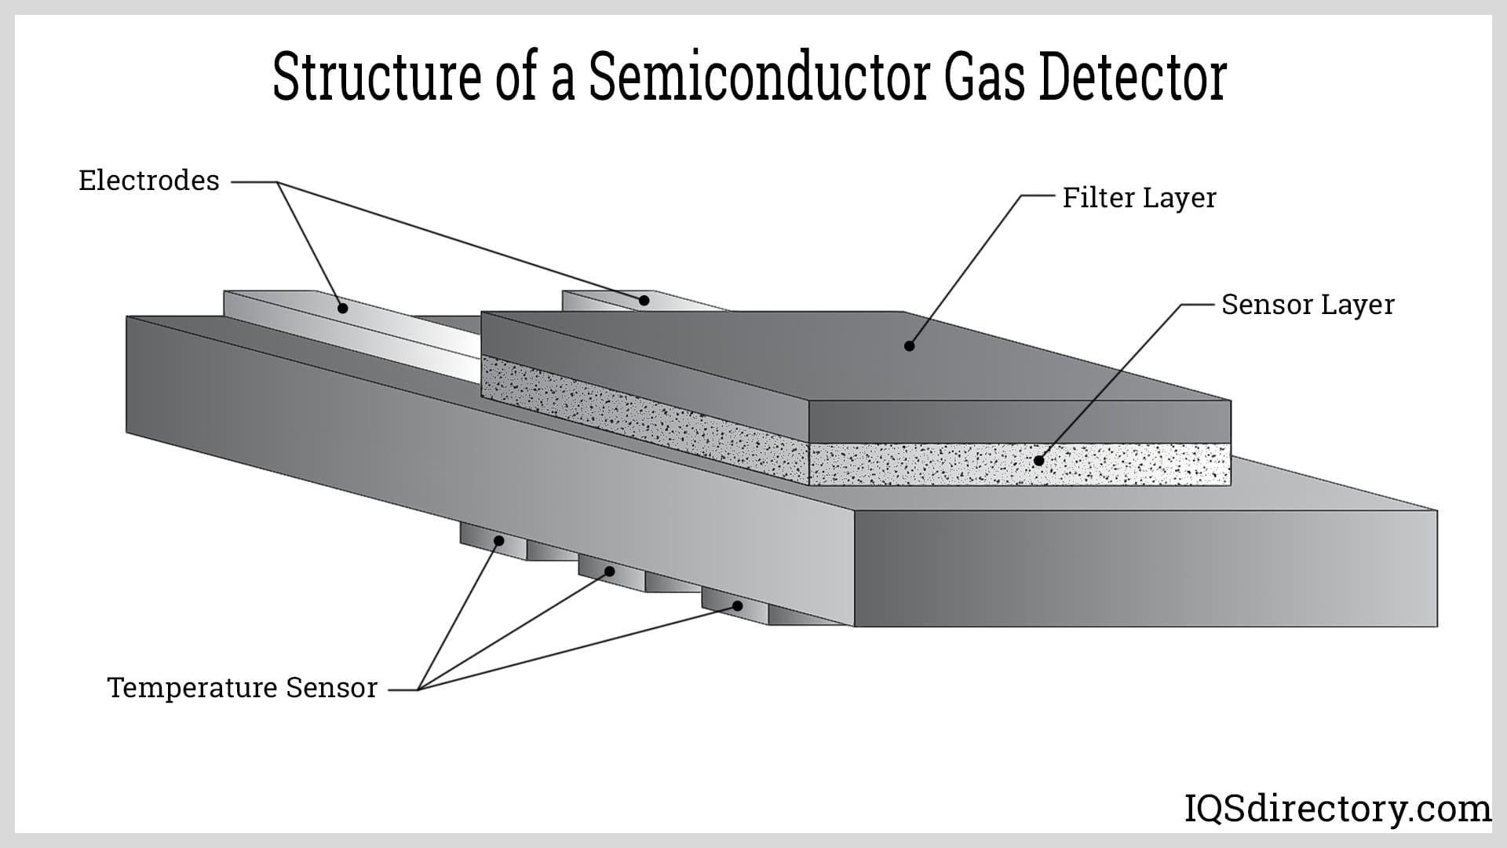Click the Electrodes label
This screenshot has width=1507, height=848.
[149, 181]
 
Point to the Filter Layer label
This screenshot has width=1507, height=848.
[1139, 198]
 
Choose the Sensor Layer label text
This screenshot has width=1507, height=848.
[1308, 305]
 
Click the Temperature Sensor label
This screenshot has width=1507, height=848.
[243, 688]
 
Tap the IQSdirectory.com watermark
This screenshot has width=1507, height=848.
[1337, 809]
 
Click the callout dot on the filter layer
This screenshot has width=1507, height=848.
[910, 345]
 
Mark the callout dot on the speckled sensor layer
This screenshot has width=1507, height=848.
[1039, 461]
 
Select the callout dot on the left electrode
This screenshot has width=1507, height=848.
[342, 308]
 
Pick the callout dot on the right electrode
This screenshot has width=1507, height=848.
[644, 300]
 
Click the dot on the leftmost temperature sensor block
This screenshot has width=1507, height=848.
[498, 541]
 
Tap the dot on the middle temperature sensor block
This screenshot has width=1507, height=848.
[610, 571]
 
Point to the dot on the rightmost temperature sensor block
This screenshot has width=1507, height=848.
[738, 605]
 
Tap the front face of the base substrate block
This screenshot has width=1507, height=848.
[1146, 568]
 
